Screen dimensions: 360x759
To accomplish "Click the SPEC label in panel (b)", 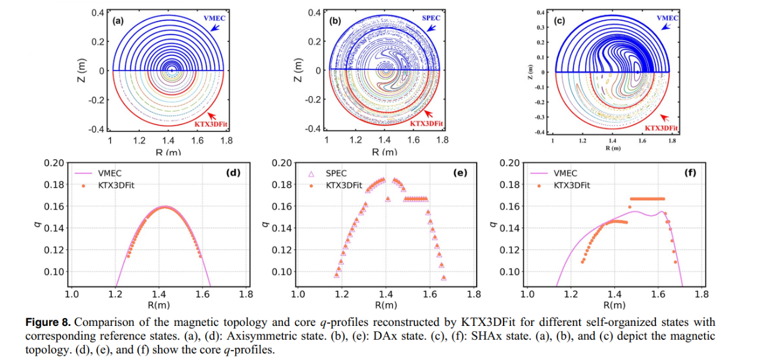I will [431, 18].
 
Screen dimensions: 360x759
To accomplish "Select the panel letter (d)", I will [233, 173].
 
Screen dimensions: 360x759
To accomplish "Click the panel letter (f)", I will [691, 173].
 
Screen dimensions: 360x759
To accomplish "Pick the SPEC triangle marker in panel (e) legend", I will [310, 174].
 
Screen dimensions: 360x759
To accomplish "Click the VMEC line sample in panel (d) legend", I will [84, 174].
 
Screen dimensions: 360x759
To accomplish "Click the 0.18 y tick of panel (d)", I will [54, 185].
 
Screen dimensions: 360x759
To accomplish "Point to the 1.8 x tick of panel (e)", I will [474, 294].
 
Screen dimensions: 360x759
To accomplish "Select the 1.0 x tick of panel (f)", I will [527, 294].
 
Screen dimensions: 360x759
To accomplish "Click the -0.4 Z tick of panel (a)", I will [96, 129].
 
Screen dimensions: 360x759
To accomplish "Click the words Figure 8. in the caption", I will [48, 322].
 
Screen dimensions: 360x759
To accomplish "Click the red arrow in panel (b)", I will [428, 113].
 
